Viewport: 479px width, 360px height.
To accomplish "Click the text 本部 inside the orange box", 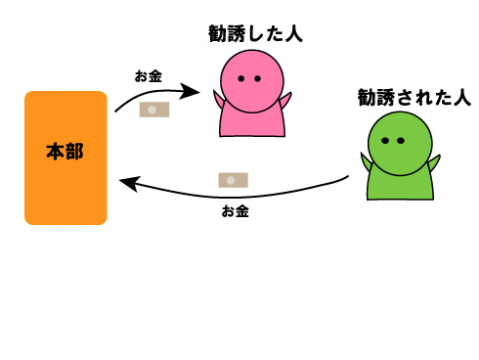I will click(x=65, y=152).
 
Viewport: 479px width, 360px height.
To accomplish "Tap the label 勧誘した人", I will click(x=256, y=33).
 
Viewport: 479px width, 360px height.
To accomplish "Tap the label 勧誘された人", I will click(x=414, y=97).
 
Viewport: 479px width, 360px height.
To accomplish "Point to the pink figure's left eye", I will click(x=242, y=78).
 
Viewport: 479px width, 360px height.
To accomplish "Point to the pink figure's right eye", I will click(x=257, y=78).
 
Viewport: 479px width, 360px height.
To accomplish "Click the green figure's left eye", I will click(x=386, y=141).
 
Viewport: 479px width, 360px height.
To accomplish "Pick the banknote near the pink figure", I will click(x=154, y=111).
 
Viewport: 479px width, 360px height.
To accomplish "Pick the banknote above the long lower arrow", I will click(x=233, y=180).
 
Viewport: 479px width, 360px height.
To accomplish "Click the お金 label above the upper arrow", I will click(x=149, y=74).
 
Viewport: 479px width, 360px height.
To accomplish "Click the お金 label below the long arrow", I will click(x=235, y=210).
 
